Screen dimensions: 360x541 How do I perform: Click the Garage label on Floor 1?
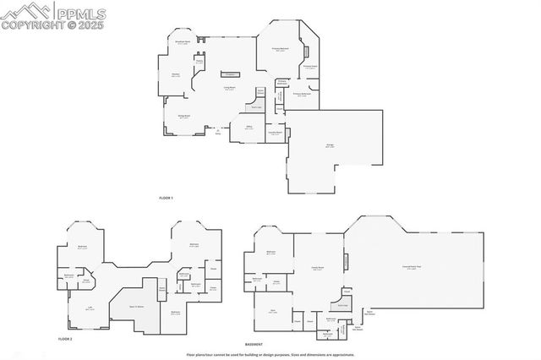click(329, 145)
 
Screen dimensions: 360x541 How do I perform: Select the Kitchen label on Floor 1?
click(176, 75)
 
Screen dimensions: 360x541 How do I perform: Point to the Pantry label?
click(200, 62)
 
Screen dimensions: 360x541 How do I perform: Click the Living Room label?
click(229, 89)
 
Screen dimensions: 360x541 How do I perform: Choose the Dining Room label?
click(183, 117)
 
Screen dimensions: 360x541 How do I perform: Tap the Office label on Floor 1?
click(249, 128)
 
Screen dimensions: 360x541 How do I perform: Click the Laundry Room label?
click(275, 133)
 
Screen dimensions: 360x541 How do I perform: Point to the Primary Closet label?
click(310, 66)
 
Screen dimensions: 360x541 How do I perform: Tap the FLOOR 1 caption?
click(166, 198)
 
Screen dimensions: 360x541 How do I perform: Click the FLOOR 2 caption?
click(65, 338)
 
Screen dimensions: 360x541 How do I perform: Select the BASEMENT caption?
click(254, 345)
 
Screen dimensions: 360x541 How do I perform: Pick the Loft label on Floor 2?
click(89, 308)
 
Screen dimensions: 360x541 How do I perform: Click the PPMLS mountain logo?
click(25, 10)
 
